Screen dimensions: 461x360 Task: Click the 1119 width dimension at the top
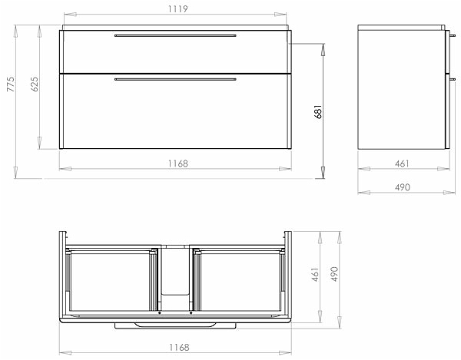(x=178, y=9)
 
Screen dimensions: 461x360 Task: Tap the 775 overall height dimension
(x=11, y=84)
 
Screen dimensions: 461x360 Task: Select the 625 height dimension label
(x=35, y=84)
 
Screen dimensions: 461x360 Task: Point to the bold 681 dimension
(x=318, y=111)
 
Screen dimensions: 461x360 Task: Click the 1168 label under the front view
(x=178, y=163)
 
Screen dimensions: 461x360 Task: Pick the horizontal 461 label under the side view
(x=402, y=163)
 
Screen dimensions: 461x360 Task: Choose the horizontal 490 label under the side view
(x=402, y=187)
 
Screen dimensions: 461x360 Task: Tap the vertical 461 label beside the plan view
(x=315, y=274)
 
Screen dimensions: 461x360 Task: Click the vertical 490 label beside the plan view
(x=334, y=274)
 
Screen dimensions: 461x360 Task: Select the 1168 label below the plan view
(x=179, y=348)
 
